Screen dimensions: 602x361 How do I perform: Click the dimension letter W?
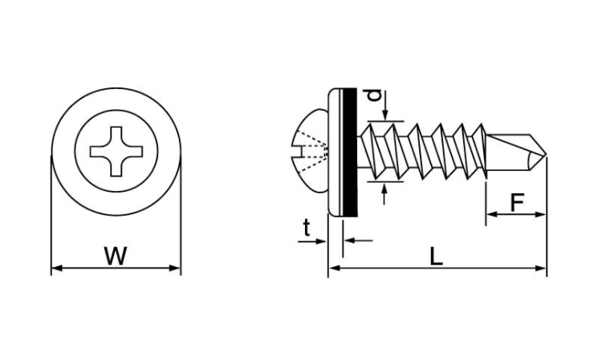[x=116, y=256]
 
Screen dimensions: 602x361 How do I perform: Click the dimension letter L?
[x=436, y=256]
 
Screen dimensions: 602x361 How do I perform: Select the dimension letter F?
[x=518, y=202]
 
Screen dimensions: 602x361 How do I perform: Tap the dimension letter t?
[x=307, y=229]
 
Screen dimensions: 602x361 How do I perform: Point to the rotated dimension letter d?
[x=374, y=95]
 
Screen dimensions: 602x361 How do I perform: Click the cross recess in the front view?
[x=116, y=152]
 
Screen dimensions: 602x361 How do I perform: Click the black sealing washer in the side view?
[x=349, y=152]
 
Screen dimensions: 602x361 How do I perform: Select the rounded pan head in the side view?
[x=311, y=152]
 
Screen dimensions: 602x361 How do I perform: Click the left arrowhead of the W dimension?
[x=56, y=268]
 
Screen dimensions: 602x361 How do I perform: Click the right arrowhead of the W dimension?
[x=175, y=268]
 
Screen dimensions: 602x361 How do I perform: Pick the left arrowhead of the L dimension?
[x=334, y=268]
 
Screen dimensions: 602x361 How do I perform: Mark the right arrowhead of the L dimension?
[x=540, y=268]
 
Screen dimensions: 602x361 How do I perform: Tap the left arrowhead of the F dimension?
[x=492, y=214]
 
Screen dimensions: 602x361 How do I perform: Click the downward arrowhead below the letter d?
[x=385, y=115]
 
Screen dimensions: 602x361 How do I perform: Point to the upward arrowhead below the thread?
[x=384, y=189]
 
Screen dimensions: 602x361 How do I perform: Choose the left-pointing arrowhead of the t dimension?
[x=349, y=241]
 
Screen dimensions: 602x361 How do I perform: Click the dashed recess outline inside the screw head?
[x=313, y=151]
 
